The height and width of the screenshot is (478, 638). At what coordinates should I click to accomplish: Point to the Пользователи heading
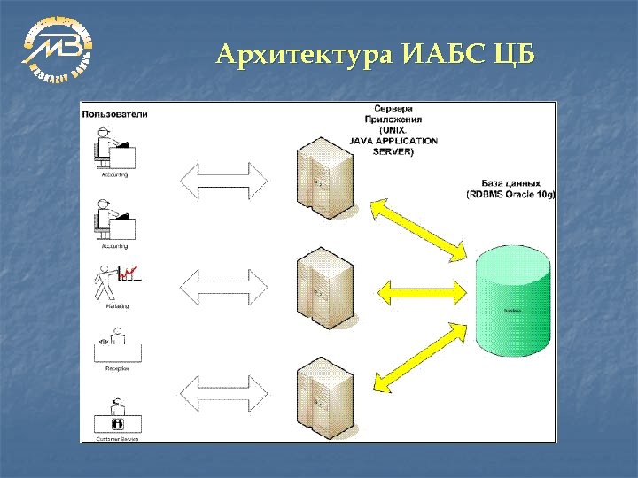click(x=115, y=113)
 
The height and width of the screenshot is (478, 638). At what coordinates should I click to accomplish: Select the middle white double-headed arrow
click(x=223, y=287)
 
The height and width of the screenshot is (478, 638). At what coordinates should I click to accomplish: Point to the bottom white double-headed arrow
click(x=223, y=392)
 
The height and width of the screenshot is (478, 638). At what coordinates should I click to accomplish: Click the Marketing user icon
click(x=114, y=283)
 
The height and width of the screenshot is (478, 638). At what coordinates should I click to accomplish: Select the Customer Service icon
click(x=115, y=416)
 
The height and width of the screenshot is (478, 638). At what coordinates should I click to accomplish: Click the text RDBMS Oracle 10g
click(x=510, y=194)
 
